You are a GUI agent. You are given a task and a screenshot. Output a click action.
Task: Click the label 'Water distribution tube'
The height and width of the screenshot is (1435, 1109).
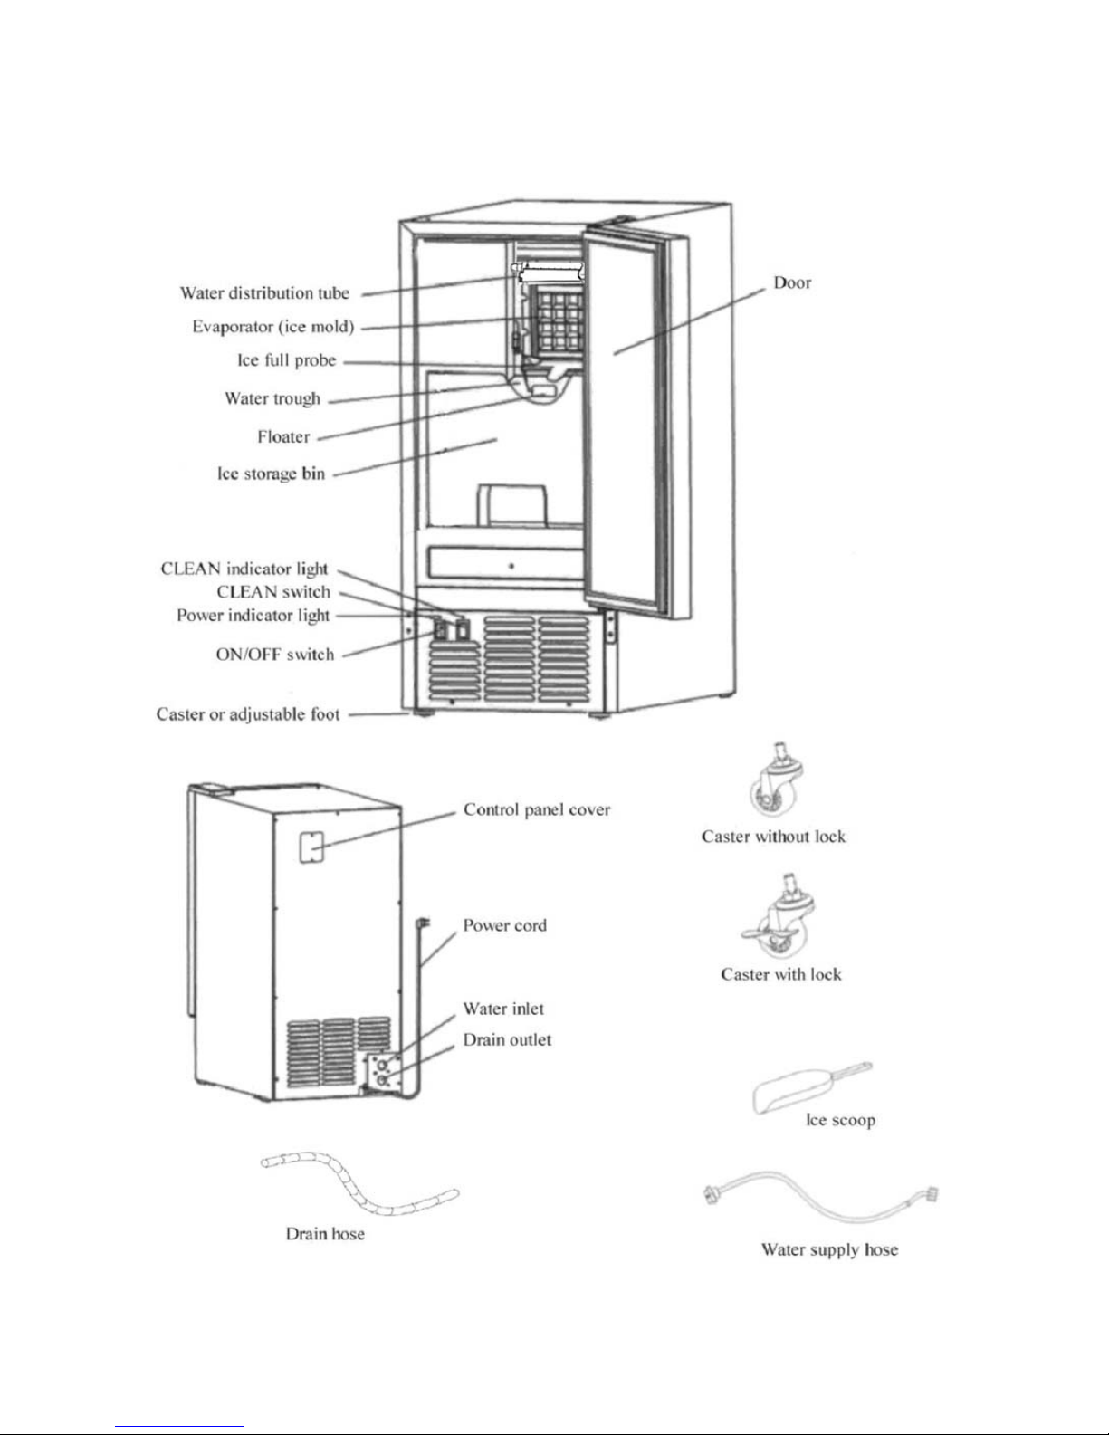[x=264, y=293]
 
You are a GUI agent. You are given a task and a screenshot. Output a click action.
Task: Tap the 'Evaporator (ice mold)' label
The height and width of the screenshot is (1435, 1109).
[x=272, y=327]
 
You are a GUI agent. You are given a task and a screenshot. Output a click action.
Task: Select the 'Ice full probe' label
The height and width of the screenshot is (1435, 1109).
[x=286, y=360]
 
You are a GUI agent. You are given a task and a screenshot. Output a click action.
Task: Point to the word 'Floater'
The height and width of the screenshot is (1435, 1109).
[x=283, y=437]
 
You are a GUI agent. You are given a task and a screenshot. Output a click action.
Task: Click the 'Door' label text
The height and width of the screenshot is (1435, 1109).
[x=792, y=282]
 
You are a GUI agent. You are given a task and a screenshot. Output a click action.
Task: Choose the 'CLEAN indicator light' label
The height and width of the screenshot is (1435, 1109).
[x=244, y=569]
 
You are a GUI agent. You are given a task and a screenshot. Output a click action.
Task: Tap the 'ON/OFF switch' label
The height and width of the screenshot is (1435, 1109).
[x=274, y=655]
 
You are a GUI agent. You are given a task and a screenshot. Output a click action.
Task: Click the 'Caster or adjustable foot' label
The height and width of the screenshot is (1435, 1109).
[x=248, y=714]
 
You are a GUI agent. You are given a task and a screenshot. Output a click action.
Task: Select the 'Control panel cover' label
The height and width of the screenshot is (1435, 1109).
[x=537, y=809]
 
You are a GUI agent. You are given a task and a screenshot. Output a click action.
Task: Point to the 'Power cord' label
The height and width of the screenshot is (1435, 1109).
[x=504, y=925]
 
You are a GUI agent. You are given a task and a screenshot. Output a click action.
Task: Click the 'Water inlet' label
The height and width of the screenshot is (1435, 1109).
[x=503, y=1009]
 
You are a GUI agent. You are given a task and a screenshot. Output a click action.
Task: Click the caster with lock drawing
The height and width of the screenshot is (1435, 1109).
[x=778, y=921]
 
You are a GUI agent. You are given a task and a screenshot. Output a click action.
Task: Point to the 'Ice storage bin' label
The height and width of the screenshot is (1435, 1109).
[x=271, y=474]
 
